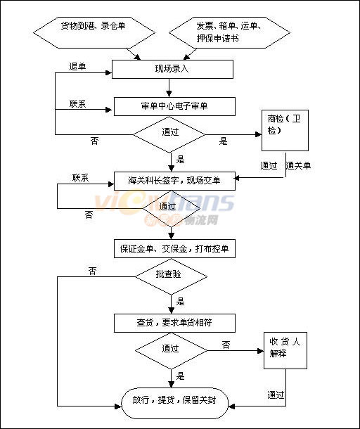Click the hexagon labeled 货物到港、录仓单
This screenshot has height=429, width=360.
click(94, 32)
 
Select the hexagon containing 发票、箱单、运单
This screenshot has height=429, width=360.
click(229, 32)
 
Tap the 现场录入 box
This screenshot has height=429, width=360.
click(172, 69)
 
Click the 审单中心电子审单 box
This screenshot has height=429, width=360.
click(174, 106)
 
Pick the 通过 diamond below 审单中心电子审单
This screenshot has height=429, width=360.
click(169, 134)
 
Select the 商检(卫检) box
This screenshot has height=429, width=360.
click(285, 130)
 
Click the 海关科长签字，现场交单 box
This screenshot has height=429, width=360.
click(174, 181)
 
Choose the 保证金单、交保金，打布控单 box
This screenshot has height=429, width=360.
click(174, 249)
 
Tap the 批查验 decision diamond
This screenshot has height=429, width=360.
click(172, 276)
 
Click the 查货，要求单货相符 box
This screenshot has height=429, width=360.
click(174, 323)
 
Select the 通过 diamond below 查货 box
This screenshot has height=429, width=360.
click(172, 351)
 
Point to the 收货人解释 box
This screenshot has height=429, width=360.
click(285, 350)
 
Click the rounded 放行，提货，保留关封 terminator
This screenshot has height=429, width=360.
click(174, 403)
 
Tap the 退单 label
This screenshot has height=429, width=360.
click(77, 67)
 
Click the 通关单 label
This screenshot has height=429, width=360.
click(298, 165)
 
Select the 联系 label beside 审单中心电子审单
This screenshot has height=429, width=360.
click(77, 104)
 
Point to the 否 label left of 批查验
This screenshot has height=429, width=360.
click(93, 271)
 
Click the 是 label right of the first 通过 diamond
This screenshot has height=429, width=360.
click(223, 141)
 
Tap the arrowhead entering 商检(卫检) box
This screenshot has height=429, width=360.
click(258, 134)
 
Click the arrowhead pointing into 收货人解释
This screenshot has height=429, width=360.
click(260, 351)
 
